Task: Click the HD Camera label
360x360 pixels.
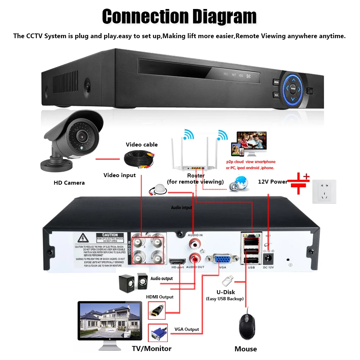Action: tap(69, 183)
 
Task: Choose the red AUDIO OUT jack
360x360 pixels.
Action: tap(195, 258)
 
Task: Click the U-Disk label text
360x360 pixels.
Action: tap(226, 292)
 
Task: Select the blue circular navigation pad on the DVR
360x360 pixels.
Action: tap(293, 87)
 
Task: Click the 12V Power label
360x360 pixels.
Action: tap(273, 182)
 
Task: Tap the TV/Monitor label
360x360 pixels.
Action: tap(152, 348)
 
